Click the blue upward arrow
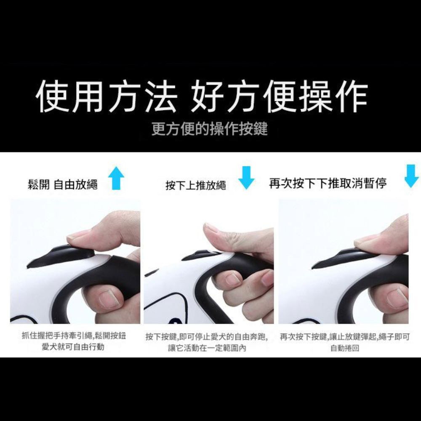116,179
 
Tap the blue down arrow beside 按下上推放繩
246,177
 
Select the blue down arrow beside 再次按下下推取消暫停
411,176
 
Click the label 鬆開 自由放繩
63,184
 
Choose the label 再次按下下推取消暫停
328,183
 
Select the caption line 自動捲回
345,349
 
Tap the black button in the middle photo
201,255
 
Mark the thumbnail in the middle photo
210,228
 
